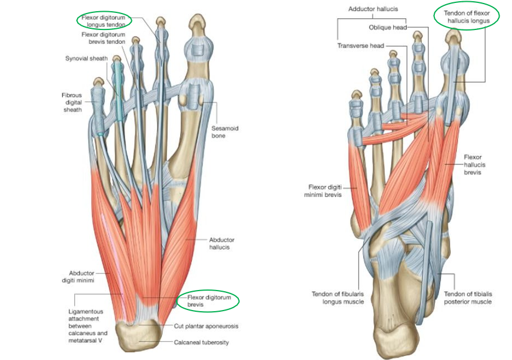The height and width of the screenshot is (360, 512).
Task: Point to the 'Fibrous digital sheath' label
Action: click(x=73, y=102)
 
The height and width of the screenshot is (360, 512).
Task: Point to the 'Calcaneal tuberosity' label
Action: click(x=204, y=341)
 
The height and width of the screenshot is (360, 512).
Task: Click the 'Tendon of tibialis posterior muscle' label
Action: click(x=468, y=298)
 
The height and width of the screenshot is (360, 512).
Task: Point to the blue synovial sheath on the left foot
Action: click(x=119, y=88)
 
